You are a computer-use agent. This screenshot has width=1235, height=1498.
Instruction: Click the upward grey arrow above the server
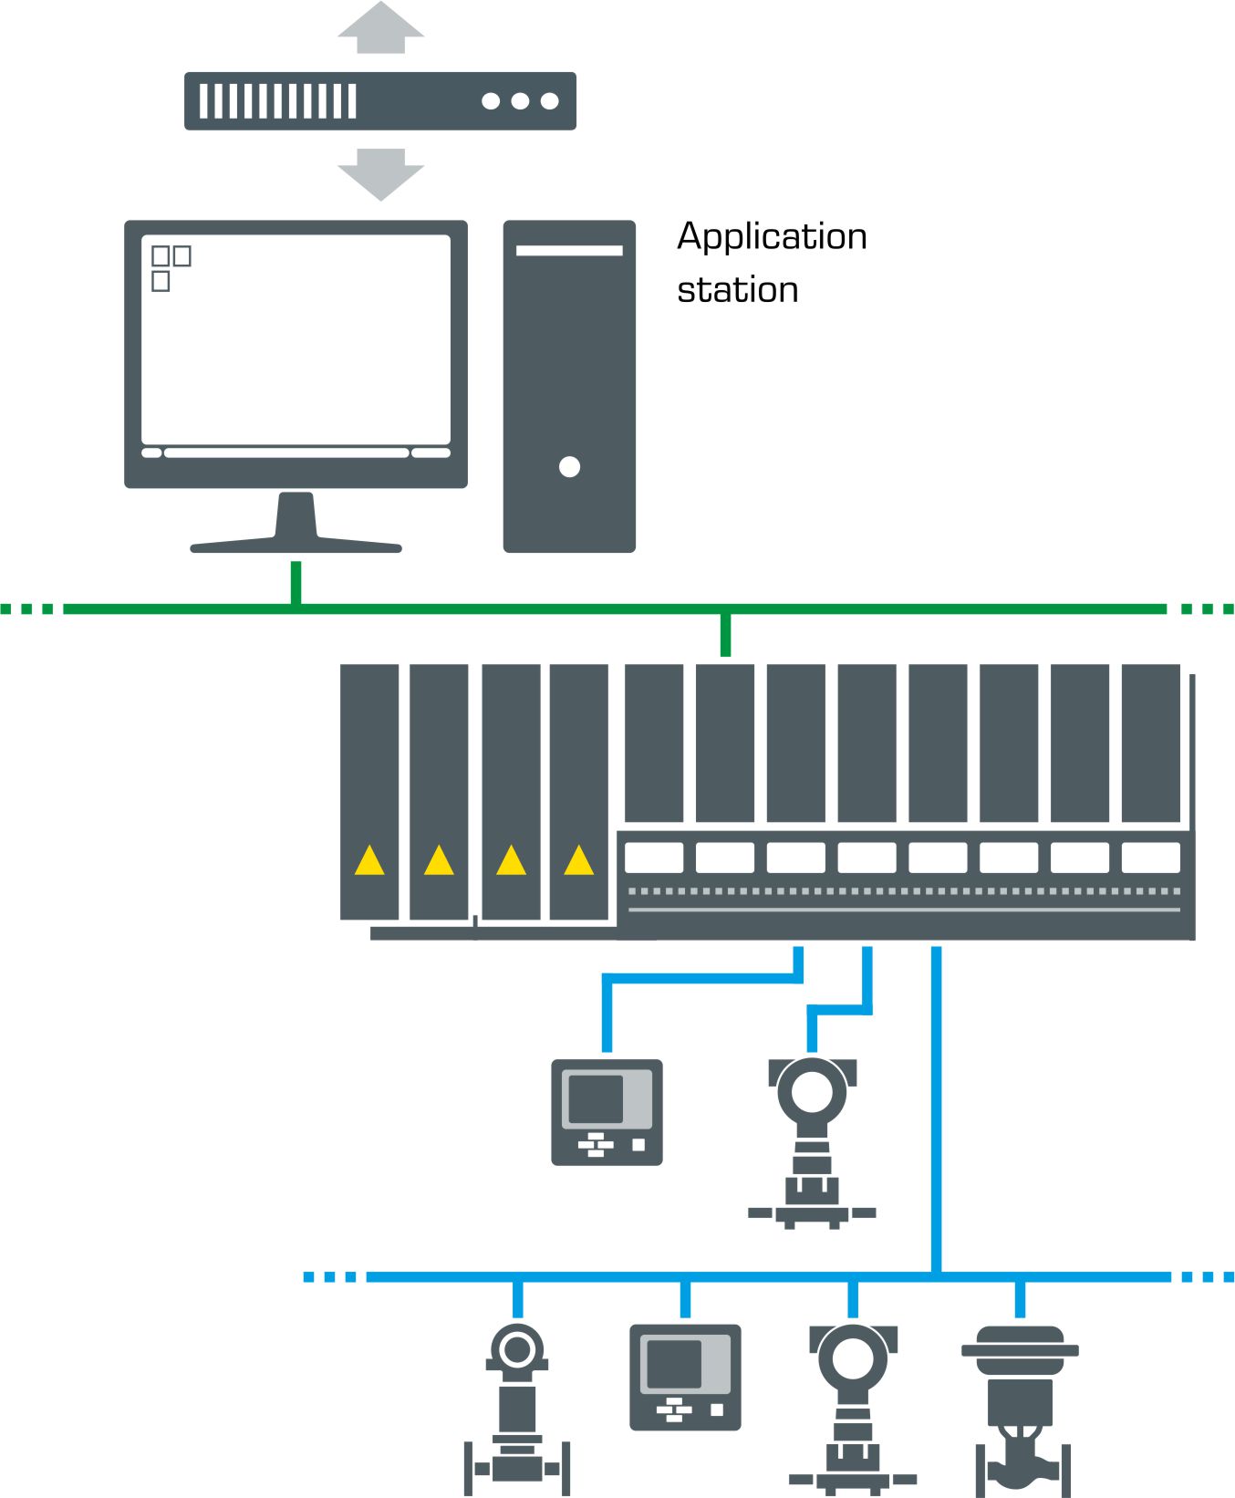[380, 27]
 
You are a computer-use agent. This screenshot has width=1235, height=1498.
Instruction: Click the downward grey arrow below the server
[380, 175]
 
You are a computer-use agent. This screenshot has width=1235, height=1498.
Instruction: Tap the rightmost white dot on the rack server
[549, 101]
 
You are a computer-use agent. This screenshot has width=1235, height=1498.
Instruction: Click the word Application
[772, 236]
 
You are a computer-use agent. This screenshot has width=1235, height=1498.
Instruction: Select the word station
[737, 290]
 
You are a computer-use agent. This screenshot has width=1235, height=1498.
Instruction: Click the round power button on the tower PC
[569, 467]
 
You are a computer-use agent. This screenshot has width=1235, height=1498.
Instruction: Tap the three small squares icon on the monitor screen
[170, 267]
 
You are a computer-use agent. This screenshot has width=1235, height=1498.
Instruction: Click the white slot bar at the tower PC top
[569, 250]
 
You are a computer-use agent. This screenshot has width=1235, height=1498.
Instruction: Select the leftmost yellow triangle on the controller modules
[369, 860]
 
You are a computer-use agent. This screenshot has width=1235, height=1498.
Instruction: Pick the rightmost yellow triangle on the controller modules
[579, 860]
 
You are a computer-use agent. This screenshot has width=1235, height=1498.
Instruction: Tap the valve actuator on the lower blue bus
[1020, 1405]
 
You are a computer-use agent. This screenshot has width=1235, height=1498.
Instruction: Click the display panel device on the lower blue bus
[685, 1377]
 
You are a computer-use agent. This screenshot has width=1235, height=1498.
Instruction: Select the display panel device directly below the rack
[607, 1112]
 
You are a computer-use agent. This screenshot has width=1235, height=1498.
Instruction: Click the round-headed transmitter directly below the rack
[812, 1140]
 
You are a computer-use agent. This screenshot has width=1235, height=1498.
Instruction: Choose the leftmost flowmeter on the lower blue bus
[517, 1405]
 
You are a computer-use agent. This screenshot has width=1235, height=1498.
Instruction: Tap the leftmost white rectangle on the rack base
[654, 858]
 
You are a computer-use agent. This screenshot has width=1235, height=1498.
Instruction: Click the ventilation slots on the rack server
[277, 101]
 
